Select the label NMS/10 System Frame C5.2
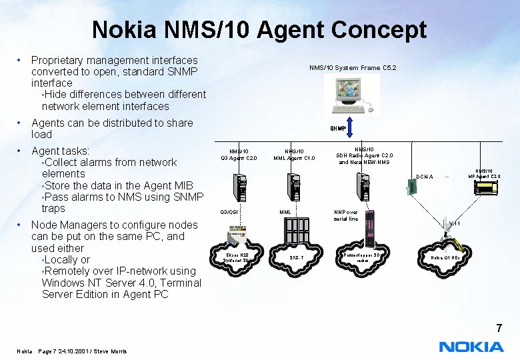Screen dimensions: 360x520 (353, 67)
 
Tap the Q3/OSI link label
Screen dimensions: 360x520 (229, 212)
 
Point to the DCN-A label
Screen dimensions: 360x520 (425, 177)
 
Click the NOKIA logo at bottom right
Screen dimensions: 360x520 (471, 347)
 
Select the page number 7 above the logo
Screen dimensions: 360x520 (497, 328)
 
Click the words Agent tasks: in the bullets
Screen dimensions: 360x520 (61, 151)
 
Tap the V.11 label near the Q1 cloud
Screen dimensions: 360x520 (454, 223)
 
